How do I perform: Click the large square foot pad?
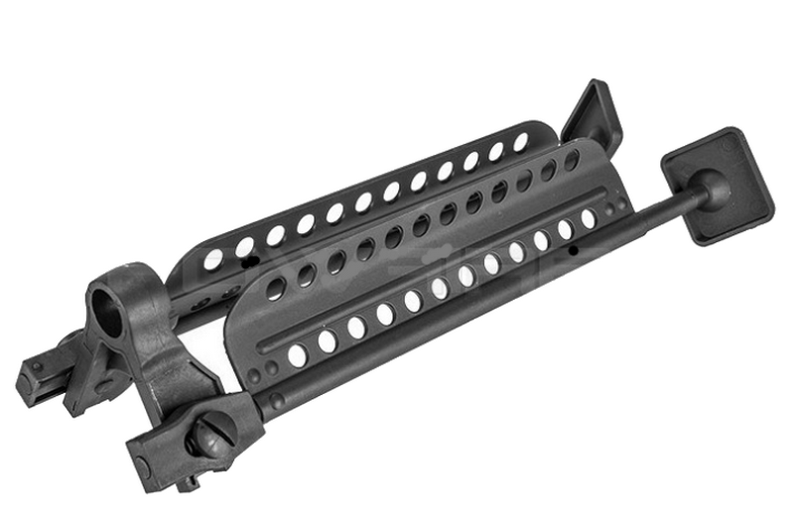click(x=717, y=186)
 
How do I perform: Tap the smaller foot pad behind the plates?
click(x=593, y=112)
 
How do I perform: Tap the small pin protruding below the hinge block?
click(x=188, y=483)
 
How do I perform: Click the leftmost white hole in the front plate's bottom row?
click(x=297, y=355)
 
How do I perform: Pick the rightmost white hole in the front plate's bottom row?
click(x=588, y=217)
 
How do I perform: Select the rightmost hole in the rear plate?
click(x=520, y=142)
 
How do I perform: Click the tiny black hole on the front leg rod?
click(x=574, y=252)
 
